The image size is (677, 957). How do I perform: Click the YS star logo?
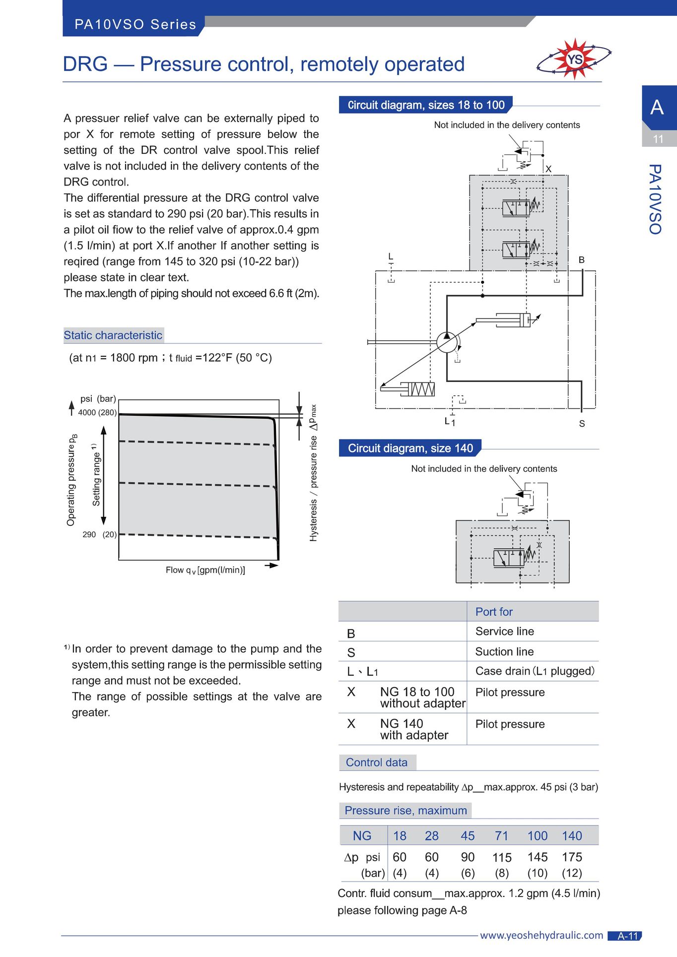(574, 59)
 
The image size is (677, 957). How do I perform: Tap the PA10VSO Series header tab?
(135, 24)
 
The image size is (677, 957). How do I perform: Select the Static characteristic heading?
(113, 335)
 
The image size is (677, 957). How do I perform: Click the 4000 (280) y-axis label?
(97, 412)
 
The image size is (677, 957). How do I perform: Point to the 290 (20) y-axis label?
(100, 534)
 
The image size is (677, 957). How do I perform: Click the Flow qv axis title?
(205, 570)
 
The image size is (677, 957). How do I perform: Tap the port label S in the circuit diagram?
(582, 424)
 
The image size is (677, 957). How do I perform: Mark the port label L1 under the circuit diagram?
(450, 422)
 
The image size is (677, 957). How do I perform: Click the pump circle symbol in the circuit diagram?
(447, 342)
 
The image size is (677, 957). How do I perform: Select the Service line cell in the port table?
(505, 631)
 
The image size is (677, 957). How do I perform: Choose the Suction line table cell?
(505, 651)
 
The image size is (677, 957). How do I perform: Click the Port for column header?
(494, 612)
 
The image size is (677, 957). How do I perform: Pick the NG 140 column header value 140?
(572, 836)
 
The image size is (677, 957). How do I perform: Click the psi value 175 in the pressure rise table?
(572, 857)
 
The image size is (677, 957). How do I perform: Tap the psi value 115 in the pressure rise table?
(502, 857)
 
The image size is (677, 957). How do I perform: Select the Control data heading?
(377, 763)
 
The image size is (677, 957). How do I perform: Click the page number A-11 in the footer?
(627, 936)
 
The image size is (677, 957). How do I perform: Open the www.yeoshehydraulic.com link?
(542, 935)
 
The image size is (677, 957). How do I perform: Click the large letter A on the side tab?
(657, 107)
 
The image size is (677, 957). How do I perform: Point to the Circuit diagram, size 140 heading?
(410, 448)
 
